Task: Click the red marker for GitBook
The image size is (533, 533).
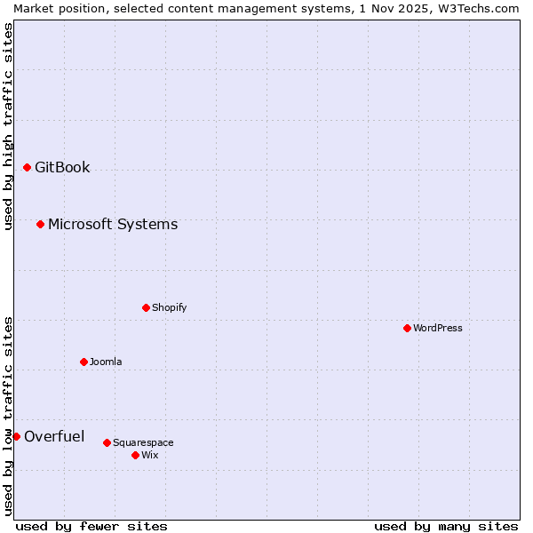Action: click(x=27, y=167)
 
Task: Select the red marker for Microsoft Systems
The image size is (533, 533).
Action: click(x=40, y=224)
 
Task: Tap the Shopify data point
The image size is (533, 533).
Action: click(x=146, y=307)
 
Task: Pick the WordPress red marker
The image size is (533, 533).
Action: click(x=407, y=328)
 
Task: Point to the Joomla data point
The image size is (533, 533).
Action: click(x=84, y=362)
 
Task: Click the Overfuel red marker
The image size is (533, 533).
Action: click(x=16, y=436)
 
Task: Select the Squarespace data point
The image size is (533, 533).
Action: click(x=107, y=442)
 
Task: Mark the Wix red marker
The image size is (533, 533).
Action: click(x=135, y=455)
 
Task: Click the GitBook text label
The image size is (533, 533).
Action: click(x=62, y=167)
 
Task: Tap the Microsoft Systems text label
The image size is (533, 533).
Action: click(x=113, y=224)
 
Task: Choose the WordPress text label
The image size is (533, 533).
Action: click(x=438, y=328)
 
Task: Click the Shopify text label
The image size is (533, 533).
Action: click(x=170, y=307)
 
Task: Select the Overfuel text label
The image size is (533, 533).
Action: click(x=54, y=436)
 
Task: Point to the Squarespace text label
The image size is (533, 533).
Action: click(x=143, y=442)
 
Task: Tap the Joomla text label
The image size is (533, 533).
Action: click(x=106, y=362)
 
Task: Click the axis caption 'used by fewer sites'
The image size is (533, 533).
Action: click(x=91, y=526)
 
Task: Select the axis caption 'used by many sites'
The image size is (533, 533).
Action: click(x=446, y=526)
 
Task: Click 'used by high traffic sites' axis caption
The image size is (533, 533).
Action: click(x=8, y=126)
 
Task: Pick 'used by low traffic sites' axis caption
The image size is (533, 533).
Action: click(x=8, y=416)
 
